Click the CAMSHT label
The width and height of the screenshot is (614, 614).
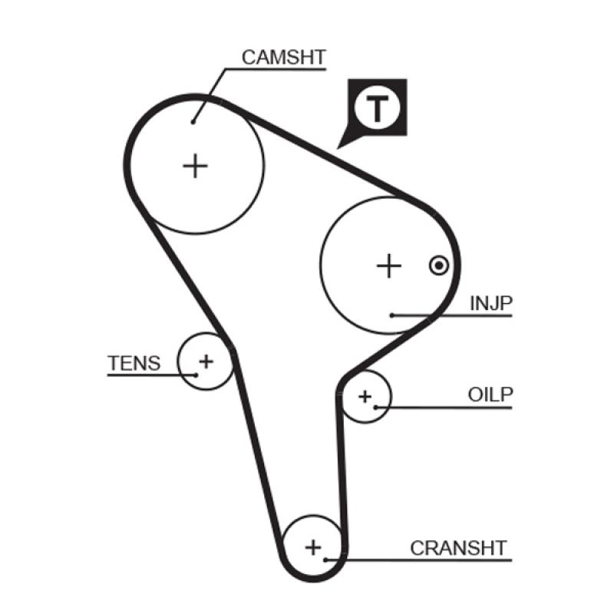pyautogui.click(x=283, y=57)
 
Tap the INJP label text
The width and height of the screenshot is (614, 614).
pyautogui.click(x=490, y=303)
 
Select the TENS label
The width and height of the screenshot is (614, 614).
pyautogui.click(x=134, y=363)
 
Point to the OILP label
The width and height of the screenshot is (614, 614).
pyautogui.click(x=490, y=394)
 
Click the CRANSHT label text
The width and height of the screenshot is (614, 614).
pyautogui.click(x=458, y=548)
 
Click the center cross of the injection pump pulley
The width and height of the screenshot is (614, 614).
pyautogui.click(x=389, y=266)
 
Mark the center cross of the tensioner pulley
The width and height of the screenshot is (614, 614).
pyautogui.click(x=206, y=359)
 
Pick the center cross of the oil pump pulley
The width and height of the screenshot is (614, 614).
pyautogui.click(x=365, y=396)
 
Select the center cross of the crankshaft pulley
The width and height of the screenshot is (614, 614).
pyautogui.click(x=312, y=547)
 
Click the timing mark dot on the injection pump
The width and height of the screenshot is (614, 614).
pyautogui.click(x=437, y=266)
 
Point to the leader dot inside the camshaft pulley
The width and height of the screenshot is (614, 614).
pyautogui.click(x=193, y=120)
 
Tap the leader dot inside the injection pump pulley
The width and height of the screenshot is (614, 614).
pyautogui.click(x=391, y=315)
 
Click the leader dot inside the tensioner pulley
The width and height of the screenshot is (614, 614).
pyautogui.click(x=196, y=375)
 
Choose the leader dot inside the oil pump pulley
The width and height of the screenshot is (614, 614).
pyautogui.click(x=375, y=407)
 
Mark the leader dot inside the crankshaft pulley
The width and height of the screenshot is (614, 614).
pyautogui.click(x=325, y=559)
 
